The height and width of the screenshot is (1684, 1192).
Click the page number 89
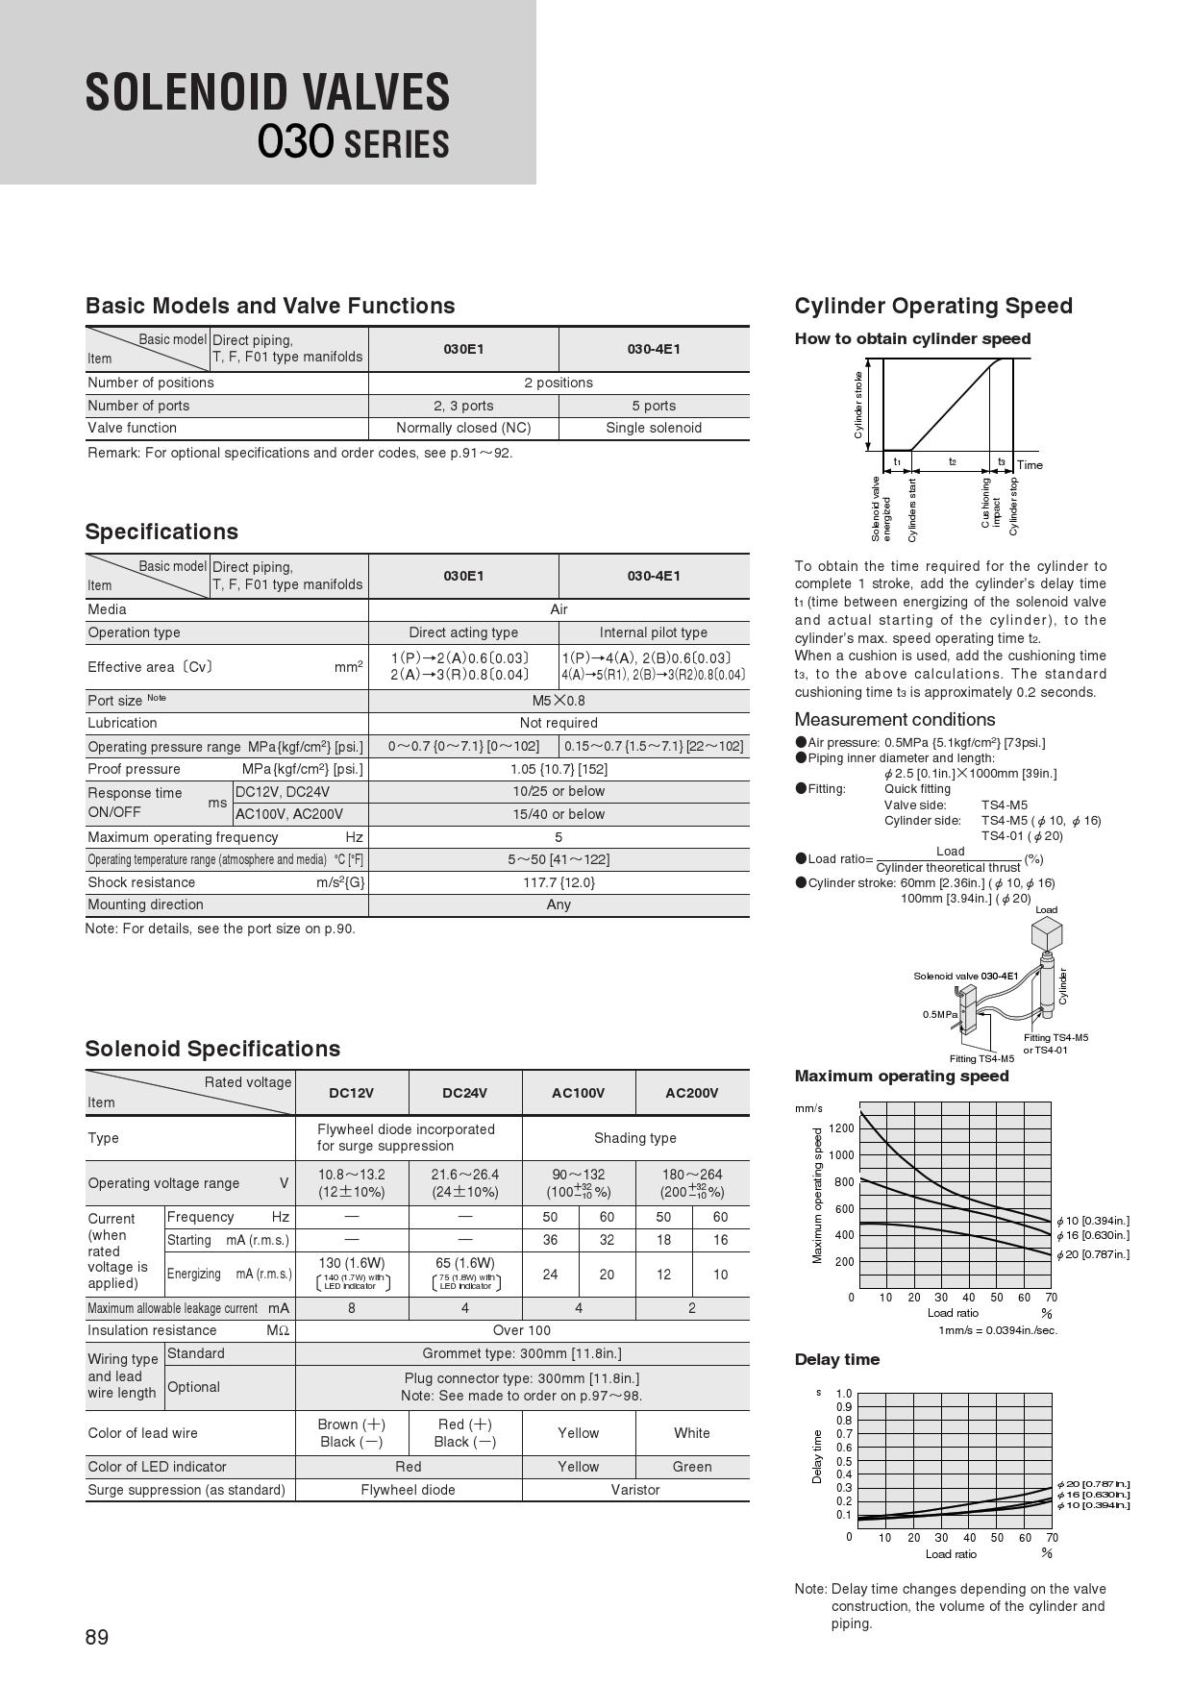[x=97, y=1638]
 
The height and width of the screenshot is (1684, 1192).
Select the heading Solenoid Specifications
[x=212, y=1049]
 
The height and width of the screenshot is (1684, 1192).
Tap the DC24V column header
[x=465, y=1093]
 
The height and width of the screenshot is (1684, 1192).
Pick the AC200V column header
[x=692, y=1093]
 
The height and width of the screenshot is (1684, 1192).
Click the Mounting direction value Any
[x=559, y=904]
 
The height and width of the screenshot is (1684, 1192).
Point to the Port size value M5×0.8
[x=559, y=701]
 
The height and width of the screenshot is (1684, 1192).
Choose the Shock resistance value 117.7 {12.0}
[x=559, y=882]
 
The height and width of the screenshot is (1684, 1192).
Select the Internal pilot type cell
[x=654, y=632]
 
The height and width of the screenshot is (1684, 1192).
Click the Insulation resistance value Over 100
[x=522, y=1330]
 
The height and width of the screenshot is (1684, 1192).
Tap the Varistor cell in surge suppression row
[x=635, y=1490]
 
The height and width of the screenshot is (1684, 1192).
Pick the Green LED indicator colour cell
[x=692, y=1467]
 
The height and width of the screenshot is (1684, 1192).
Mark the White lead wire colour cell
[x=692, y=1433]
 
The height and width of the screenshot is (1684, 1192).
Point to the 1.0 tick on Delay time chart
[x=844, y=1394]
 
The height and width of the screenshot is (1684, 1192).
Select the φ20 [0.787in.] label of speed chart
[x=1093, y=1254]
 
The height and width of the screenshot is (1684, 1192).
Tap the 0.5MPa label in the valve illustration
[x=940, y=1014]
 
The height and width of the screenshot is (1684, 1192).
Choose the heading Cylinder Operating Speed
[x=933, y=306]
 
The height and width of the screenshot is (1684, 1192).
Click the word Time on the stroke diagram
[x=1030, y=465]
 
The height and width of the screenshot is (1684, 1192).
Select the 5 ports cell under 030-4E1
[x=654, y=406]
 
